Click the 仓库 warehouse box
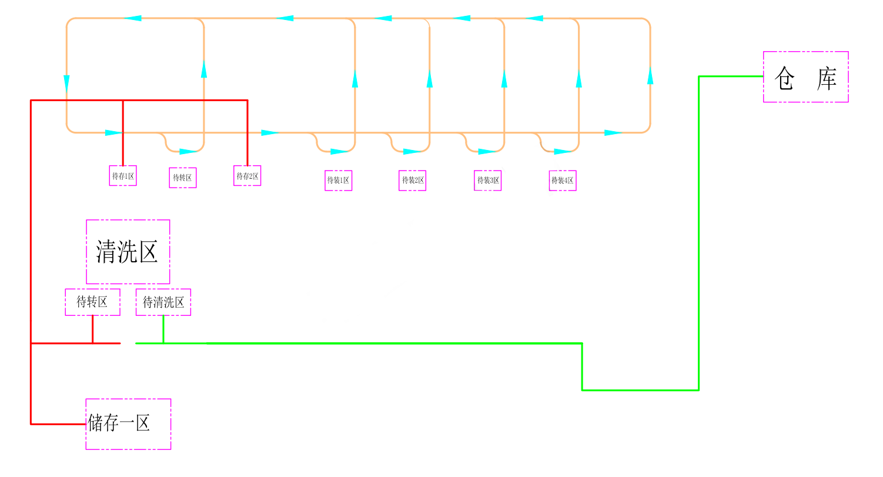(x=805, y=77)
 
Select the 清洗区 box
(x=128, y=252)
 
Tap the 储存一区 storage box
(x=128, y=424)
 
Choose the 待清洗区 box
(x=163, y=302)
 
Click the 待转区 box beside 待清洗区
(x=92, y=302)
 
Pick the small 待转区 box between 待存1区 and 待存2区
(x=183, y=178)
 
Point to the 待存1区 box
(x=123, y=176)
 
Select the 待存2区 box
(x=247, y=176)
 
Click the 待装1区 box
(x=339, y=181)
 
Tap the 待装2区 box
(x=413, y=181)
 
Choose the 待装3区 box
(x=488, y=181)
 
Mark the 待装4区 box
(x=563, y=181)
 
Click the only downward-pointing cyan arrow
(x=66, y=84)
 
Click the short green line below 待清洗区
(x=163, y=329)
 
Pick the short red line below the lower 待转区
(x=92, y=329)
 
